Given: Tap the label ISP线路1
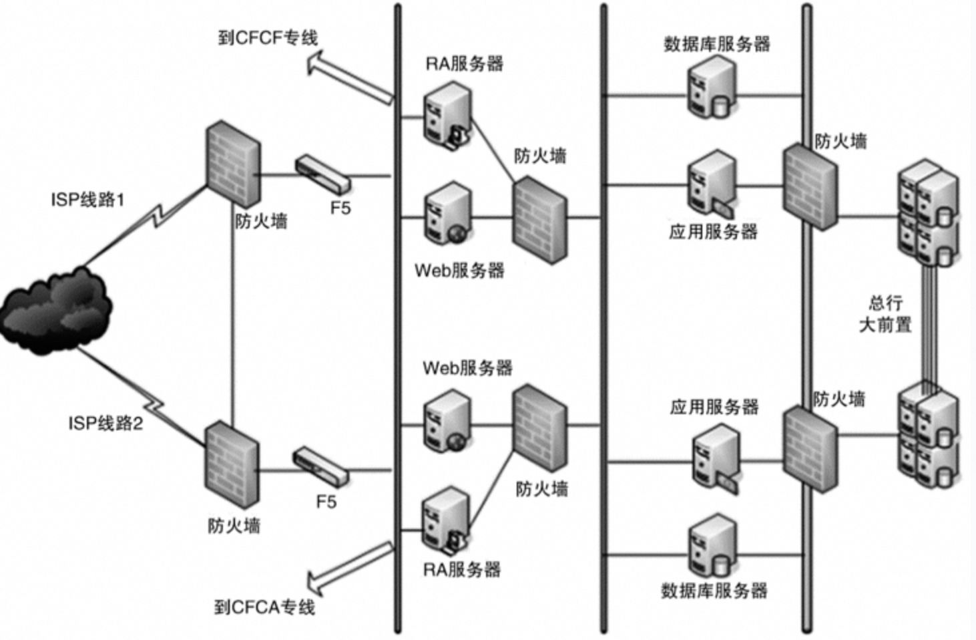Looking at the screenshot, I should [87, 199].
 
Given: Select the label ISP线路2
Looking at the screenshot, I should [105, 423].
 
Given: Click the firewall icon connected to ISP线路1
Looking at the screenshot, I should [232, 164].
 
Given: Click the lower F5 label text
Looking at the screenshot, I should [326, 502].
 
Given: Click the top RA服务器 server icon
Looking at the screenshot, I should [447, 114].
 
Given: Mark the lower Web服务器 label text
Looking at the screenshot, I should [467, 367].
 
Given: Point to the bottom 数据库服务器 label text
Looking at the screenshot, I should [714, 591].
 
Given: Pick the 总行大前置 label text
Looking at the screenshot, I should [885, 314].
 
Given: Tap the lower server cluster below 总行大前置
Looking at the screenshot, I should [928, 434].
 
